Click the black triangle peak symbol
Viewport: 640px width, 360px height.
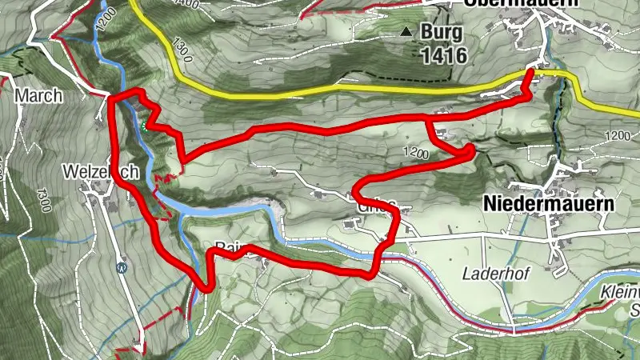[x=406, y=33]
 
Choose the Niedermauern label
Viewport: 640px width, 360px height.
[x=549, y=204]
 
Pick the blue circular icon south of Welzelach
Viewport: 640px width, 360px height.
[x=122, y=268]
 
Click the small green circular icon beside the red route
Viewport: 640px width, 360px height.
[x=145, y=126]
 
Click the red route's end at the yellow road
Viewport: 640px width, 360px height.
[x=531, y=73]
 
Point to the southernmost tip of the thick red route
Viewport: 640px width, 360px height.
[x=206, y=290]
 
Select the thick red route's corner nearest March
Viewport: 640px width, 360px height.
[x=110, y=98]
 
